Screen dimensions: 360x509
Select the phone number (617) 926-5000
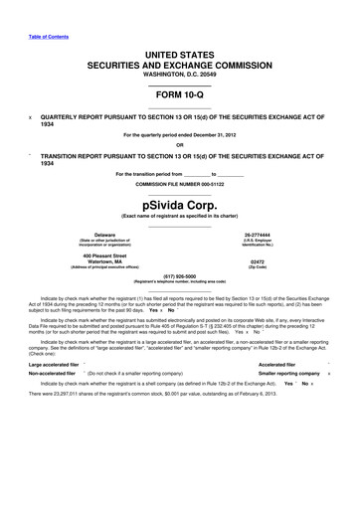point(179,277)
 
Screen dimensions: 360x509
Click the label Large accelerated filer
point(49,365)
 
